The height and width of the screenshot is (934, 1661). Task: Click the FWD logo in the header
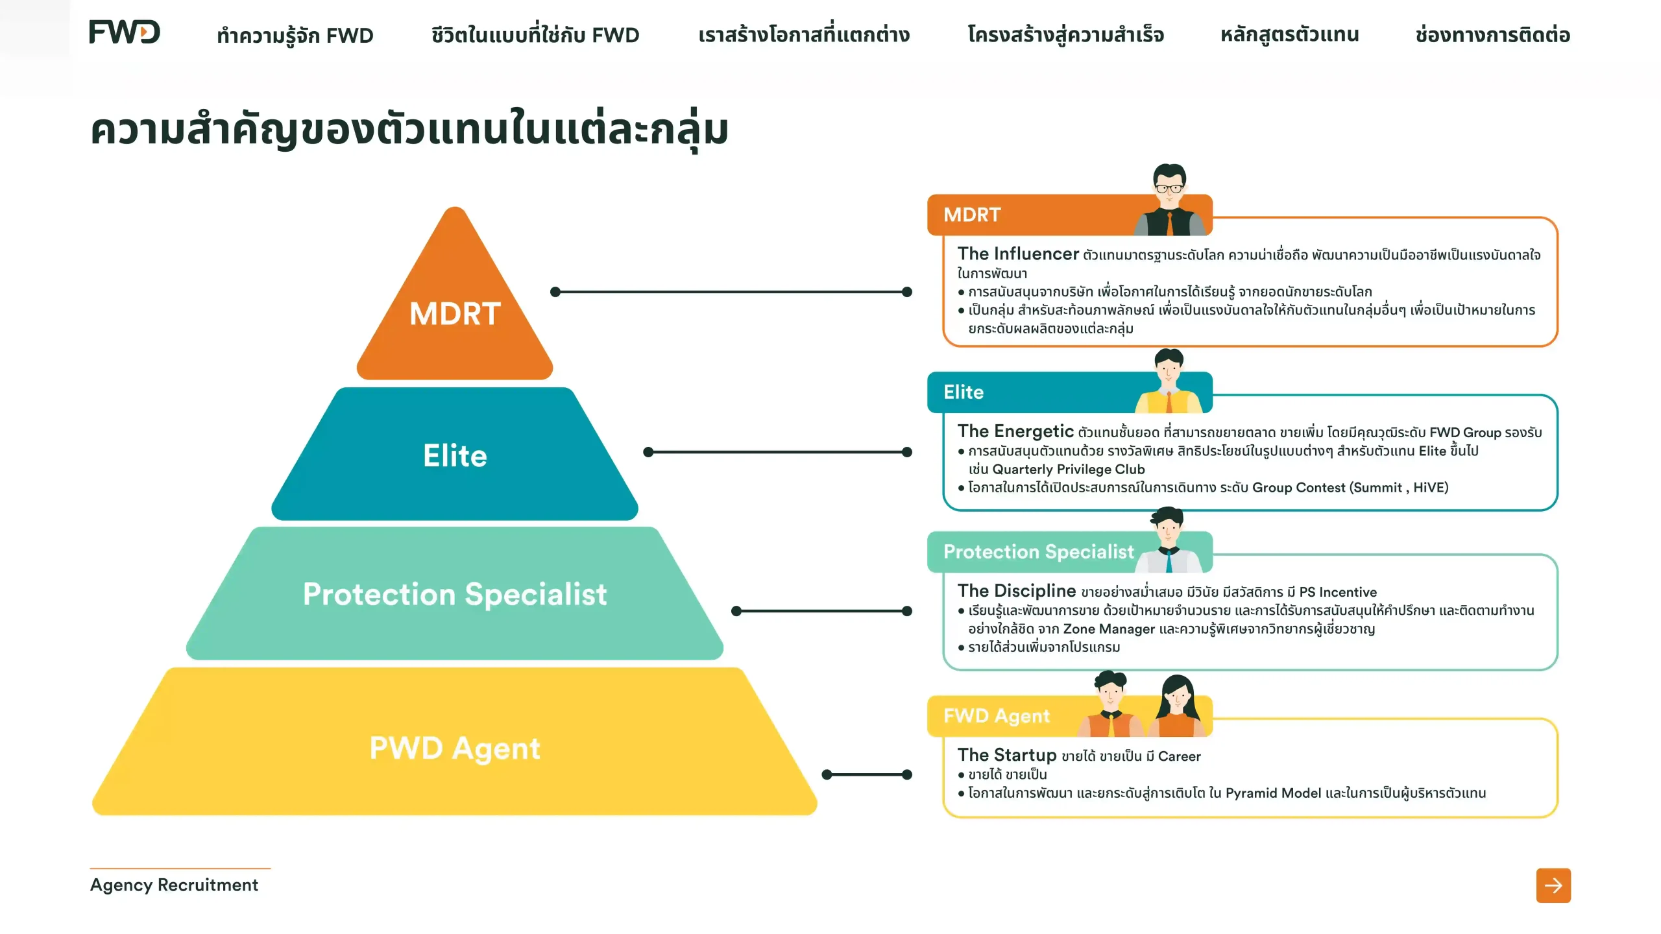tap(125, 32)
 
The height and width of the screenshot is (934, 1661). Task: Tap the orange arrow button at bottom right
tap(1553, 885)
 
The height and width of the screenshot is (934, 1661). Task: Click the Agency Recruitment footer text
tap(174, 885)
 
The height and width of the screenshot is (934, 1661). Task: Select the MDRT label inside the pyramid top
tap(455, 314)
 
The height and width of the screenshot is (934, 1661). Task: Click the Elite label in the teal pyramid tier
tap(455, 455)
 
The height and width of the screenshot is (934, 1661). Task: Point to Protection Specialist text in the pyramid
tap(455, 594)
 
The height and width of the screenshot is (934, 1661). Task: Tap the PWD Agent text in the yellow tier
tap(455, 748)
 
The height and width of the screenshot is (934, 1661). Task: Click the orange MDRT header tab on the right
tap(1069, 215)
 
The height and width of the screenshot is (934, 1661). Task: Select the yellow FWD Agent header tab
tap(1069, 716)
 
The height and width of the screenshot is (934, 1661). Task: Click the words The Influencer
tap(1018, 254)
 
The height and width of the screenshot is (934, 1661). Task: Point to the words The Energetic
tap(1015, 431)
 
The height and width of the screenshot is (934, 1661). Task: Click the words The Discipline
tap(1017, 591)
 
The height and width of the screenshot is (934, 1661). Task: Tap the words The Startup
tap(1007, 755)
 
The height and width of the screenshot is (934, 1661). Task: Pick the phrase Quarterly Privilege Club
tap(1069, 469)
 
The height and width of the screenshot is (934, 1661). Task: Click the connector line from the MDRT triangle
tap(731, 292)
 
